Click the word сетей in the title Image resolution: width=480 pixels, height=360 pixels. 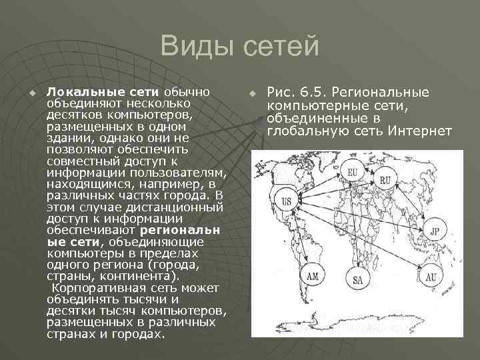point(279,47)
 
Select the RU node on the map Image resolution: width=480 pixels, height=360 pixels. point(385,180)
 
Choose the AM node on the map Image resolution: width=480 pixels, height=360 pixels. point(313,275)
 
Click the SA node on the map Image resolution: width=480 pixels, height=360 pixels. point(359,279)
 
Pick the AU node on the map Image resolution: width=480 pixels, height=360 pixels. point(432,276)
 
